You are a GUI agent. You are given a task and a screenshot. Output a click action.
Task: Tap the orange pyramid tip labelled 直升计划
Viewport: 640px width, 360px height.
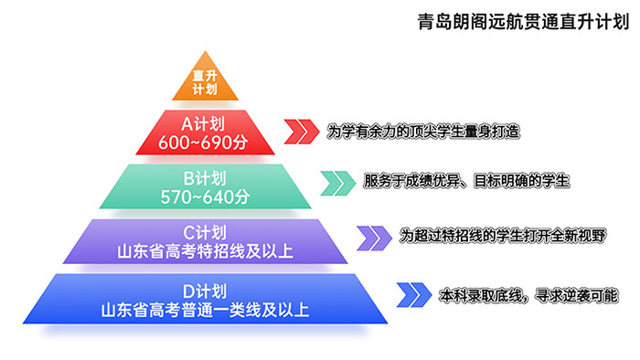coord(205,82)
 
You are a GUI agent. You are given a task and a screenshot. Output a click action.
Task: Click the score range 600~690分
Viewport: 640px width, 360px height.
coord(205,142)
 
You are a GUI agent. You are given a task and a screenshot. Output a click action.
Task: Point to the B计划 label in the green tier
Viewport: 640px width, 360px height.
coord(205,177)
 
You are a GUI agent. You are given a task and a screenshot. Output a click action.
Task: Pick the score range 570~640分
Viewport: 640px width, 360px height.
coord(205,196)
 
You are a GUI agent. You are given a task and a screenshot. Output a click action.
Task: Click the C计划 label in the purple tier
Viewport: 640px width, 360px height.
coord(205,232)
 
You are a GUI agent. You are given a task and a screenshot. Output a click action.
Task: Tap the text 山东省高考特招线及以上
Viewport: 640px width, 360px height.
coord(205,250)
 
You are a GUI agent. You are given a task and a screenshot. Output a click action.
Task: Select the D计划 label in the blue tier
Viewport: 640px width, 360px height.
coord(205,291)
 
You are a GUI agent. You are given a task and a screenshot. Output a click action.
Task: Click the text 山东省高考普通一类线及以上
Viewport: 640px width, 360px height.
coord(205,310)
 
